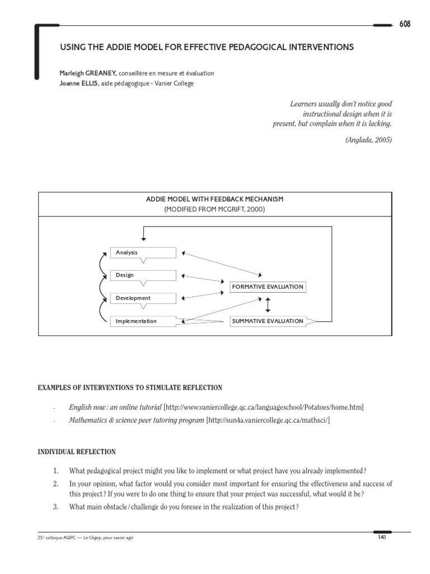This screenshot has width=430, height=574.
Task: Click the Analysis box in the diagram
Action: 143,253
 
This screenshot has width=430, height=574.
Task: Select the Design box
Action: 143,275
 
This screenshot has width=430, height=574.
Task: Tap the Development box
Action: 143,298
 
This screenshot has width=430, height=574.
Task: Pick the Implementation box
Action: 143,321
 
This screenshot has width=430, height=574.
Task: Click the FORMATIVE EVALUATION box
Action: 268,287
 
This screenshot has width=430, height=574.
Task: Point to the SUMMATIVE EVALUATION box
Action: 268,321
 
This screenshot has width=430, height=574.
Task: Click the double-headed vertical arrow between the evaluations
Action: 268,304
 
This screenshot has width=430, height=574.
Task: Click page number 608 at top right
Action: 404,24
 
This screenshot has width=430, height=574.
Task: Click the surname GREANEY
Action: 97,73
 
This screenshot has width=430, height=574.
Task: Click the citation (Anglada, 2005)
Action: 368,140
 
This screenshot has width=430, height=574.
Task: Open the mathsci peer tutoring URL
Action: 269,420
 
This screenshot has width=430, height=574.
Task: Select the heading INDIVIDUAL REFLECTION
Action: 77,452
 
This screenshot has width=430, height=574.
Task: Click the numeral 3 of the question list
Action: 55,507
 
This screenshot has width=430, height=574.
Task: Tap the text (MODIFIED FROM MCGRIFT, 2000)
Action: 215,210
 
